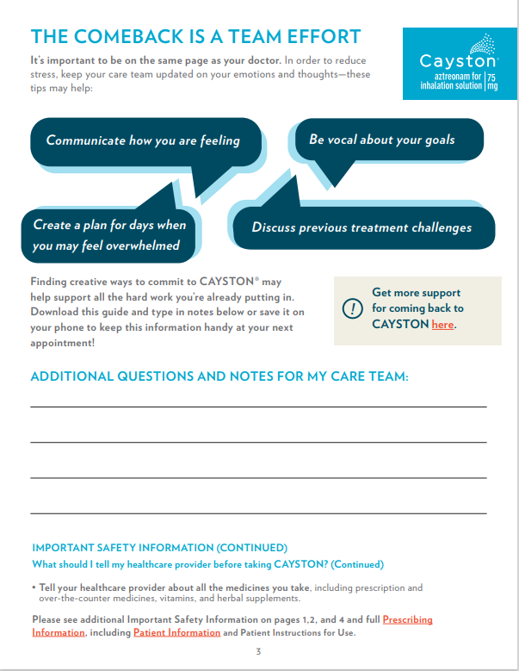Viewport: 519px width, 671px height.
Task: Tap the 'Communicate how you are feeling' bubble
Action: pos(143,140)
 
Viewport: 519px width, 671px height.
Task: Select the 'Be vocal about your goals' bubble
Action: pos(382,139)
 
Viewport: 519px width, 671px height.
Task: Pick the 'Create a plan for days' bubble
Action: pos(109,234)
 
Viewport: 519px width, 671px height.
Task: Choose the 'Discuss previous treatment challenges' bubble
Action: pos(361,227)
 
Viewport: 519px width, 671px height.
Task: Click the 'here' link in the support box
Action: pos(442,325)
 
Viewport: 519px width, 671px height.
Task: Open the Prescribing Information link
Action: pos(408,619)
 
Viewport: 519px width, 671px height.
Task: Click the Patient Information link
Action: pos(176,632)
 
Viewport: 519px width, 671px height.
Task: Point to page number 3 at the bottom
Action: pos(258,651)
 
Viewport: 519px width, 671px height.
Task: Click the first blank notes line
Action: pos(258,406)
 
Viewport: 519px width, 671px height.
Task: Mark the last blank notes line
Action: pos(258,513)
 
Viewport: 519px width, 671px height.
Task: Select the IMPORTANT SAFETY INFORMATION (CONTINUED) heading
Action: pos(159,548)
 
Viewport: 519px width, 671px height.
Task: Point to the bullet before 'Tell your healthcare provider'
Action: pos(34,587)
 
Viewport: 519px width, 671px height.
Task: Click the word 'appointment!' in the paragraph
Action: pos(63,342)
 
